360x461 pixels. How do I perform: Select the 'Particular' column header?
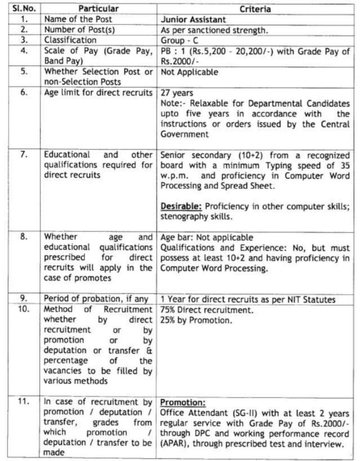(99, 9)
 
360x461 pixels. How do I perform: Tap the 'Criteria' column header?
(255, 9)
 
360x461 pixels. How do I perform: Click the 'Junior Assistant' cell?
(193, 20)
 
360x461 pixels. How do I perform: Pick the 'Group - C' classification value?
(179, 41)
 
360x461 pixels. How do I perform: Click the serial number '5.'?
(24, 72)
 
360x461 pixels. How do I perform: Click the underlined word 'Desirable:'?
(181, 206)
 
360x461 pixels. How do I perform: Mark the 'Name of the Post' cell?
(78, 20)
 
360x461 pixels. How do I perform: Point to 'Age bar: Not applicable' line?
(207, 237)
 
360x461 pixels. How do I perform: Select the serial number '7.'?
(24, 155)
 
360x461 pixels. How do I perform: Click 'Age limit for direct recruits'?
(98, 93)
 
